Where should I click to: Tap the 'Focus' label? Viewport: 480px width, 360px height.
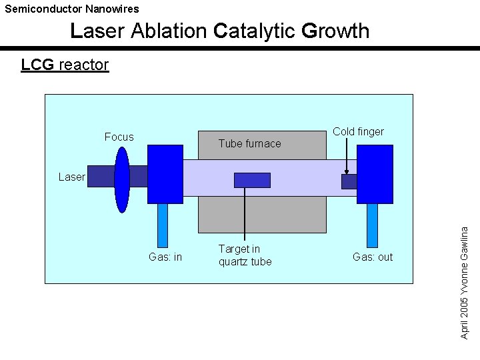(119, 137)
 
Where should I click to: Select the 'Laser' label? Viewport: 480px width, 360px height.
(71, 177)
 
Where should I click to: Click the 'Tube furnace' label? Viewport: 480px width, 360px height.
(250, 143)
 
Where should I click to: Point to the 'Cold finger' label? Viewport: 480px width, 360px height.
(358, 131)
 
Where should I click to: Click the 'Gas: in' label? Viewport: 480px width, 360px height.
(165, 257)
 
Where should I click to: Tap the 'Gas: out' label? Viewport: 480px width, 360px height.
(373, 257)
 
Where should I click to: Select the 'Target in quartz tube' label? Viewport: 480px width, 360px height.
(245, 255)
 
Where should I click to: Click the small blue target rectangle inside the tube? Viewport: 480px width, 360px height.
(252, 180)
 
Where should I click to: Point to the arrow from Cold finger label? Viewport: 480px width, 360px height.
(347, 157)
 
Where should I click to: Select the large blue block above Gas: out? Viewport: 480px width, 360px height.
(375, 173)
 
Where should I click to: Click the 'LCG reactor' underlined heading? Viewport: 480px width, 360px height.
(65, 65)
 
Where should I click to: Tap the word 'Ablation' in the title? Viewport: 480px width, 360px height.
(169, 31)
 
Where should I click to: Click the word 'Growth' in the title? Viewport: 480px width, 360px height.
(335, 31)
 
